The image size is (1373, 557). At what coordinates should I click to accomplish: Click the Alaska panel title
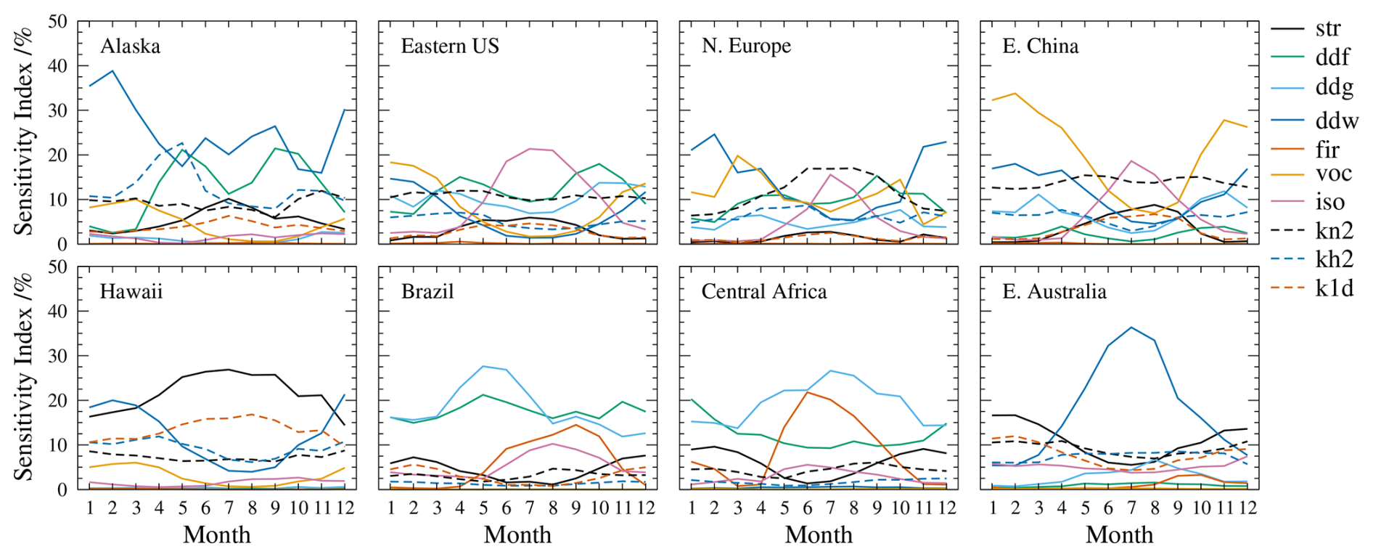tap(131, 46)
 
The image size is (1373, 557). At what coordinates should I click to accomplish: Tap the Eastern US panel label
tap(450, 46)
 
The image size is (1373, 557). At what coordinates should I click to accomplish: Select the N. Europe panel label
tap(746, 46)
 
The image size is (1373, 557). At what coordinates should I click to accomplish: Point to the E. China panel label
tap(1041, 46)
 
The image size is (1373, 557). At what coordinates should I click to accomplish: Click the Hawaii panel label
tap(131, 292)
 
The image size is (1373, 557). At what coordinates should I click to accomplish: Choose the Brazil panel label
tap(427, 292)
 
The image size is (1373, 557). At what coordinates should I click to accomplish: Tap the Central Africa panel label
tap(764, 292)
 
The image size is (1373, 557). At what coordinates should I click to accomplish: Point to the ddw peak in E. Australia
tap(1131, 327)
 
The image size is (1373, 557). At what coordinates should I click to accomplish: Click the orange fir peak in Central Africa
tap(808, 392)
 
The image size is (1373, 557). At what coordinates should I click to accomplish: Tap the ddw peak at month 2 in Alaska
tap(112, 71)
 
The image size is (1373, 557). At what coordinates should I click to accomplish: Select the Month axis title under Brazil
tap(517, 535)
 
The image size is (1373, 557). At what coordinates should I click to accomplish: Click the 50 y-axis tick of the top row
tap(57, 22)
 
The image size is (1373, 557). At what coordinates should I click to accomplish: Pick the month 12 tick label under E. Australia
tap(1247, 508)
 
